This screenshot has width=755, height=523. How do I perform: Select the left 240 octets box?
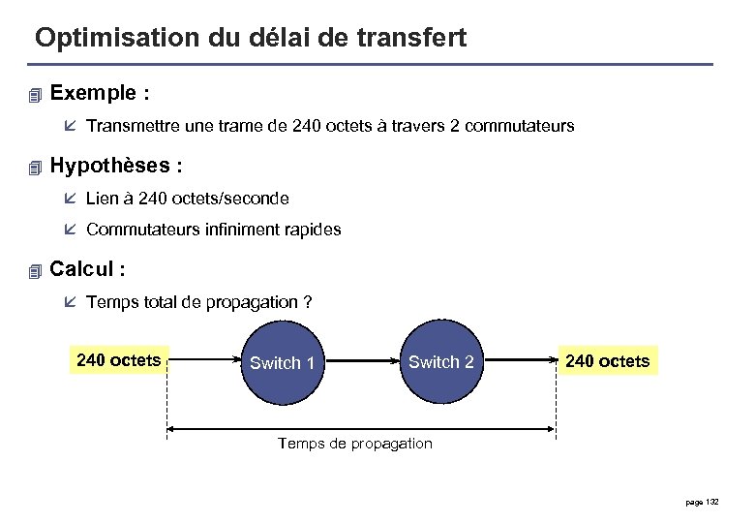[118, 360]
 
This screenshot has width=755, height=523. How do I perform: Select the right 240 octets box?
[607, 361]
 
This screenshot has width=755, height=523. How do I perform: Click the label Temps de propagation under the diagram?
[354, 444]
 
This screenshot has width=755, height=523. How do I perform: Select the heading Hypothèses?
[109, 166]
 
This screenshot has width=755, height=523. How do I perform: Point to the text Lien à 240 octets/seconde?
[187, 199]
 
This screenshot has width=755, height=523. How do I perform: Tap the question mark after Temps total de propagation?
[307, 302]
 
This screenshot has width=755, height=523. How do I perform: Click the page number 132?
[712, 501]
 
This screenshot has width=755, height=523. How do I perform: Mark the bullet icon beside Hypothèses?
[37, 168]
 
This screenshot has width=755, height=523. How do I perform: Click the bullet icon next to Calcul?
[37, 270]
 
